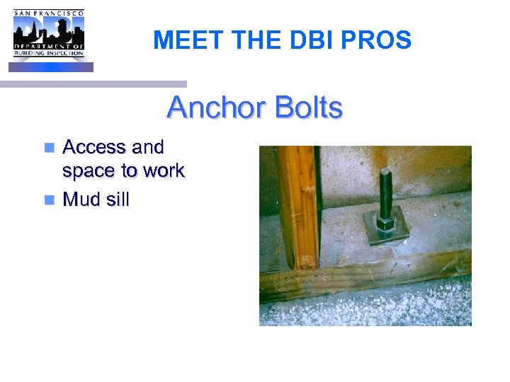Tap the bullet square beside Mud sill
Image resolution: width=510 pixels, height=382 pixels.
point(49,200)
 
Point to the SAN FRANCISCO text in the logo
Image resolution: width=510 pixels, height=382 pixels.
point(49,13)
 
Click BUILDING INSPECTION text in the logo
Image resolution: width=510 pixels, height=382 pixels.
point(49,54)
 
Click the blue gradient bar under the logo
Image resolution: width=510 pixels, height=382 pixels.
point(51,67)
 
